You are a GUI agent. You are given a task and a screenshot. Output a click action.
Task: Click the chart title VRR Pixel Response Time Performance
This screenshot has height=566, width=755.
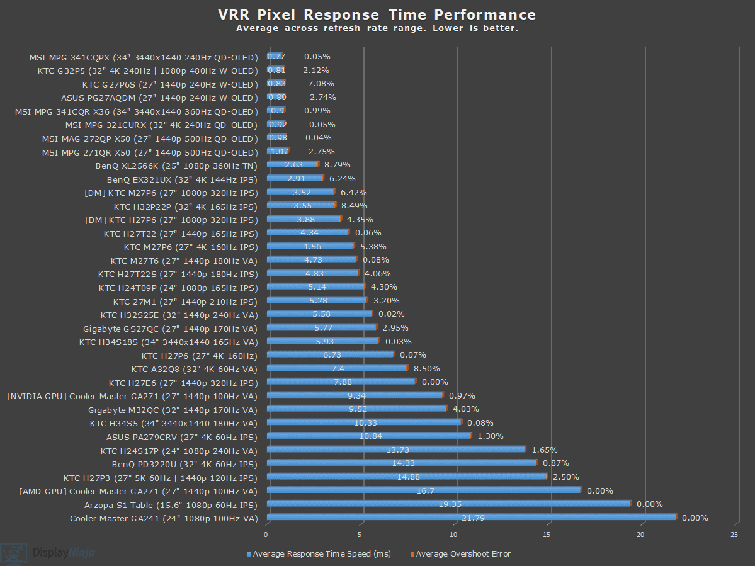click(x=377, y=14)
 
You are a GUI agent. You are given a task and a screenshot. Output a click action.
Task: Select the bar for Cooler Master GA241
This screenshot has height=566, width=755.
click(x=471, y=518)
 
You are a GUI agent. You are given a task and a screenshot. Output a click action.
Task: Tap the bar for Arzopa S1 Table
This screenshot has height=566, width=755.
click(x=448, y=504)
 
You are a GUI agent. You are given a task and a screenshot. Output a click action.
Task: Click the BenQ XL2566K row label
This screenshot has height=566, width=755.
click(x=176, y=166)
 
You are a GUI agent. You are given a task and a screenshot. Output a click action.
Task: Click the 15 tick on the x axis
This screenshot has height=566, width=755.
click(x=547, y=535)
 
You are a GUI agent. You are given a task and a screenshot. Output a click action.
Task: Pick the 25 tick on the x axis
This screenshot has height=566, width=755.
click(x=734, y=535)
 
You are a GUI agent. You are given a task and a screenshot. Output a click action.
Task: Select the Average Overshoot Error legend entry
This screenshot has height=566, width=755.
click(x=463, y=554)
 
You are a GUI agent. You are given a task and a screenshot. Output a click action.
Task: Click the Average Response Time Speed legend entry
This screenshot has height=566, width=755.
click(x=321, y=554)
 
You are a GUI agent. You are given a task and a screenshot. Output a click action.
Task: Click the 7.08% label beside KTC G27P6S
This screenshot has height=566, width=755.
click(x=321, y=84)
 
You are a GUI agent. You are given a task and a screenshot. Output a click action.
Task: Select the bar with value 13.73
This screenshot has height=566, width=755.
click(x=396, y=450)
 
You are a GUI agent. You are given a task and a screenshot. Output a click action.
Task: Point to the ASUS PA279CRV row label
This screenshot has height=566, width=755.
click(x=182, y=436)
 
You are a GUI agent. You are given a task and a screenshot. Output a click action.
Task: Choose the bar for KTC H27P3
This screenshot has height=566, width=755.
click(x=407, y=477)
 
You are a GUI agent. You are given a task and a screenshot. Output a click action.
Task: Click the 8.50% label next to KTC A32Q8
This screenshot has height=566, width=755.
click(x=427, y=369)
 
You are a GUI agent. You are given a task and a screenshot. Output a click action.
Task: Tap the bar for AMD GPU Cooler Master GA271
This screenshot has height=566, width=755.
click(x=424, y=490)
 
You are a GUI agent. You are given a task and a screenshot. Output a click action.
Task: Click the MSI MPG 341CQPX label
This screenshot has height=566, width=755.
click(x=144, y=57)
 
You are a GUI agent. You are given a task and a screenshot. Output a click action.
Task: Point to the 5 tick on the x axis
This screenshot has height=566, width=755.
click(x=360, y=535)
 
